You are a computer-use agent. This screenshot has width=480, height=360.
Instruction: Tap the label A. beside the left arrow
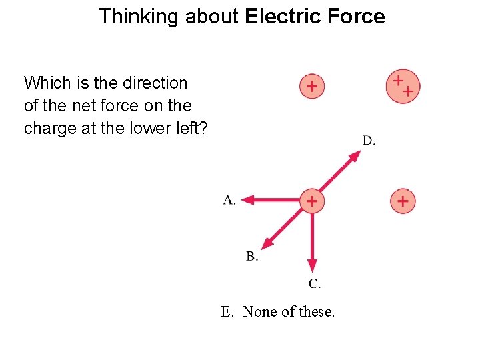[229, 200]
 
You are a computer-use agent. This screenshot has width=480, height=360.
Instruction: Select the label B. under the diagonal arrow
[252, 257]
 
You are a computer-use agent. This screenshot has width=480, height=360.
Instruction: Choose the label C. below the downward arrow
[314, 285]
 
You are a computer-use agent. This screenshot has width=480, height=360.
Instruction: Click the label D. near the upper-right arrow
[369, 141]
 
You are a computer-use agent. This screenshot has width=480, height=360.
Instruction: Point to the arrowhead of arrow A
[246, 199]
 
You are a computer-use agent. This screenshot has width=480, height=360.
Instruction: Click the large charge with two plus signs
[402, 87]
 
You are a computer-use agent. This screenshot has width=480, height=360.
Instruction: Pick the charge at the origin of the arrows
[311, 200]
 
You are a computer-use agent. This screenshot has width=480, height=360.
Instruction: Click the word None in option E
[260, 312]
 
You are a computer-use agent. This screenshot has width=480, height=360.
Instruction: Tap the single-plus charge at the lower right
[403, 200]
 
